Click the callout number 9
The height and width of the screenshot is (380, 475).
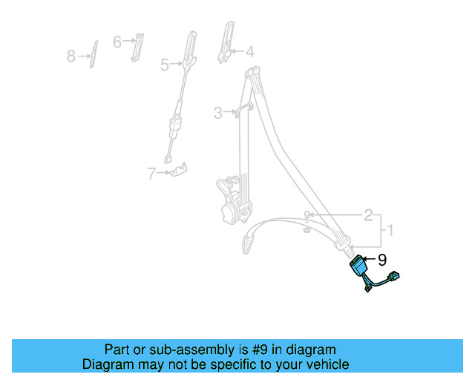click(382, 260)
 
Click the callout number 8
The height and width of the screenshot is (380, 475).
click(71, 56)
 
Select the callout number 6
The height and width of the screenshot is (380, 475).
click(117, 42)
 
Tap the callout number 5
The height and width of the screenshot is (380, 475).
click(165, 65)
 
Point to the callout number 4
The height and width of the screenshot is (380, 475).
click(249, 52)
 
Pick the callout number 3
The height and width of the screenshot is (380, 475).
click(218, 113)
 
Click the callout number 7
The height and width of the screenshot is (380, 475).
click(151, 174)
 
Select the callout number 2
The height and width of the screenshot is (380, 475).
click(368, 216)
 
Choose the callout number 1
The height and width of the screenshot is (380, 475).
click(390, 232)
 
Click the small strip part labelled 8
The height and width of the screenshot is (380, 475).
click(94, 54)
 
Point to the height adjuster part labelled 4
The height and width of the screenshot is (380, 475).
click(225, 43)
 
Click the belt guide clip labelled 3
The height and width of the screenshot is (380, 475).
click(242, 111)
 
